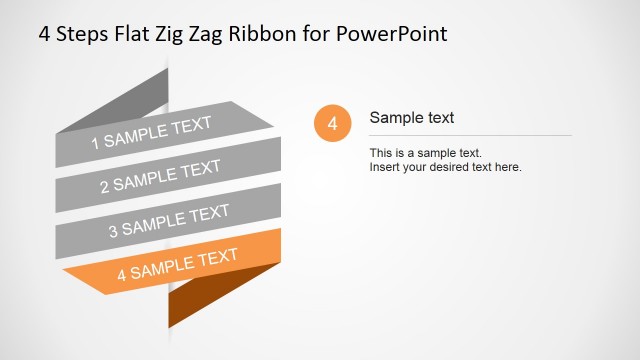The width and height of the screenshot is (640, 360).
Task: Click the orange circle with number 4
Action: click(x=332, y=124)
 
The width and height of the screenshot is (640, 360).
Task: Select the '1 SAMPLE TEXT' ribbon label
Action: click(x=152, y=133)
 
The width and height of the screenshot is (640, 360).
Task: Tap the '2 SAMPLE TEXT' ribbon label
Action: click(x=160, y=176)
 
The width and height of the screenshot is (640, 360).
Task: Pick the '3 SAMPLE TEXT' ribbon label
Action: click(x=168, y=219)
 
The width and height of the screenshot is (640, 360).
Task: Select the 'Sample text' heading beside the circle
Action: click(x=412, y=118)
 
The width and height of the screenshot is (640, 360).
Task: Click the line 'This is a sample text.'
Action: click(x=426, y=153)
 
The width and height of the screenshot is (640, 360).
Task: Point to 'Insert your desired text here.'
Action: click(x=446, y=167)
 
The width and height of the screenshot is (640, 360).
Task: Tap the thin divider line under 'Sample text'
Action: click(x=470, y=135)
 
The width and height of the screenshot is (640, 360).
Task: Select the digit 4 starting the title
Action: click(x=44, y=33)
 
